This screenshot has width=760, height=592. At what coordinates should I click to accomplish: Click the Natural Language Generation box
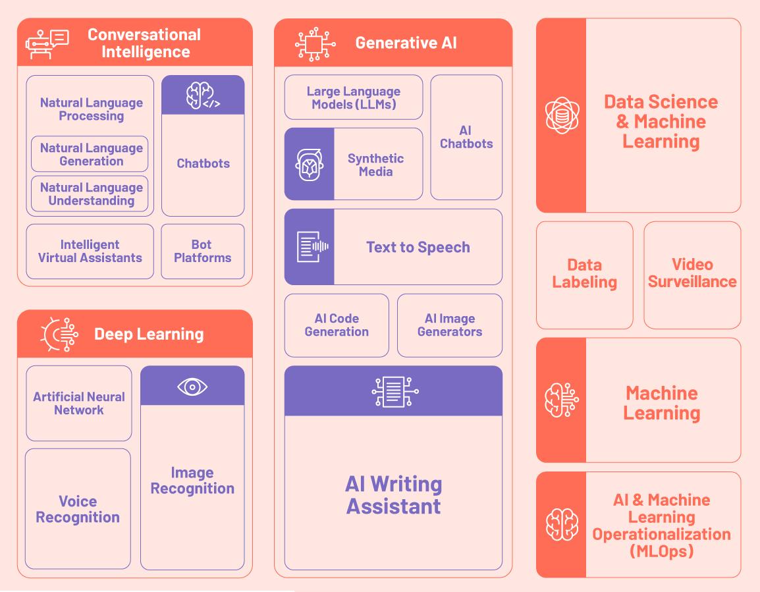[x=90, y=154]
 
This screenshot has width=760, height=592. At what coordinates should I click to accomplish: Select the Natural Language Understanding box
[x=90, y=194]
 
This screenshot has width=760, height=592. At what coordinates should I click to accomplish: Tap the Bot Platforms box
[x=203, y=252]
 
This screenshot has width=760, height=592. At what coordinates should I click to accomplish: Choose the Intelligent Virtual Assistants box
[x=90, y=252]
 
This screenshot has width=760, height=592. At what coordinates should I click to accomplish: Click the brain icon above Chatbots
[x=203, y=95]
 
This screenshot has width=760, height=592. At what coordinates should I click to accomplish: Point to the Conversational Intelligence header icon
[x=47, y=43]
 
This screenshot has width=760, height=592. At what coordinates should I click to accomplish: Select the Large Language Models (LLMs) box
[x=354, y=97]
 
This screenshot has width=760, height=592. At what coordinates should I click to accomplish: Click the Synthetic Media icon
[x=309, y=165]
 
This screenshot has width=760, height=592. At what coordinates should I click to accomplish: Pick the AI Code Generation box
[x=337, y=325]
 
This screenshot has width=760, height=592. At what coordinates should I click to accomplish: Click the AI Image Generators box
[x=450, y=325]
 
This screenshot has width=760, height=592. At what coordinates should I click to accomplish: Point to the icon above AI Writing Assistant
[x=393, y=391]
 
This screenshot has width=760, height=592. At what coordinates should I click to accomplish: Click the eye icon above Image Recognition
[x=192, y=387]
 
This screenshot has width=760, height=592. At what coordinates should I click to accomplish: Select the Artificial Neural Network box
[x=79, y=403]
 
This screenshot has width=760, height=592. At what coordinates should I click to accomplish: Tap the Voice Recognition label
[x=78, y=510]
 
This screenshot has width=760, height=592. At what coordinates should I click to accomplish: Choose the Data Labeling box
[x=585, y=274]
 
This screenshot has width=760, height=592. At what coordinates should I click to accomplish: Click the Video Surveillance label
[x=692, y=273]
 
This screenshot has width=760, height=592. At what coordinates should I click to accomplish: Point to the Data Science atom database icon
[x=562, y=115]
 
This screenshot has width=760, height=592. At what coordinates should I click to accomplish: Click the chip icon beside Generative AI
[x=314, y=44]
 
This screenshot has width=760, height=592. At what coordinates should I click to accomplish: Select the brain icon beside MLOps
[x=562, y=525]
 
